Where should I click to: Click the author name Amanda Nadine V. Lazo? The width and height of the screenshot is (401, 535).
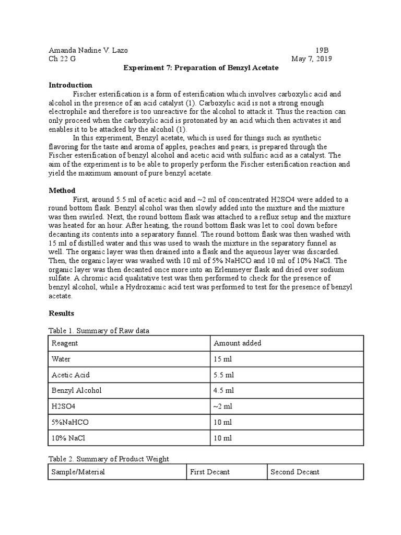(88, 50)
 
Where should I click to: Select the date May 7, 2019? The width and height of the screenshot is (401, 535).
(311, 59)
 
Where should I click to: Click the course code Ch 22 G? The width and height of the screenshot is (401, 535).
(62, 59)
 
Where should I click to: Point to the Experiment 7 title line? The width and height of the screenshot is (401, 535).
(200, 68)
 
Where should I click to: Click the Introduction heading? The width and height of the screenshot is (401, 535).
(70, 85)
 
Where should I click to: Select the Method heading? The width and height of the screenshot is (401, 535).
(62, 191)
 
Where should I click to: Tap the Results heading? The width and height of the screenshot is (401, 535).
(62, 313)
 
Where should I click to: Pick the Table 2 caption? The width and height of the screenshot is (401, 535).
(109, 459)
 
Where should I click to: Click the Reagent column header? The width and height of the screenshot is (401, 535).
(65, 343)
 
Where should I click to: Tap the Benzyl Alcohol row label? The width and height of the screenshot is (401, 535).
(77, 390)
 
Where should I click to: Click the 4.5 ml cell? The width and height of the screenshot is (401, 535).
(224, 390)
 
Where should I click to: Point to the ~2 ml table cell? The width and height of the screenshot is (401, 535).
(223, 406)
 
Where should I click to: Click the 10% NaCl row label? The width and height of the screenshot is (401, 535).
(69, 438)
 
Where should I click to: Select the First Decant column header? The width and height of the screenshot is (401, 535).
(210, 472)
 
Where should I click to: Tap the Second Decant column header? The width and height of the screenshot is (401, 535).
(295, 472)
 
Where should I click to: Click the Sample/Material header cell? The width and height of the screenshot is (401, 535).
(78, 472)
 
